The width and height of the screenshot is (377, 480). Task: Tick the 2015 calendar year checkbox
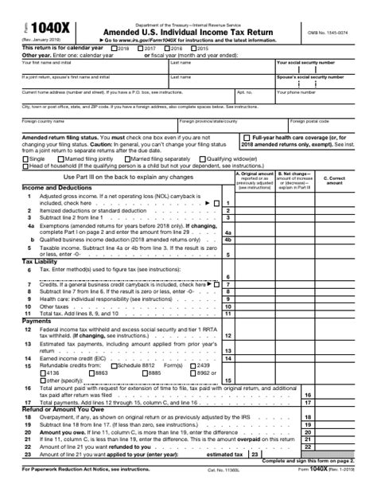tap(194, 49)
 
